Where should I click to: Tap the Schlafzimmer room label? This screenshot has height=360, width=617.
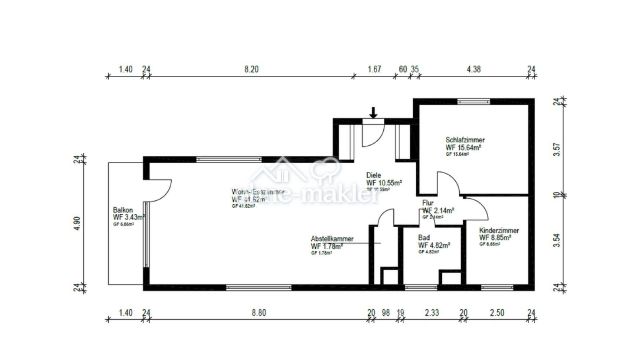(x=465, y=140)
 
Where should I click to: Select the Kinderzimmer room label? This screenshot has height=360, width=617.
(x=499, y=231)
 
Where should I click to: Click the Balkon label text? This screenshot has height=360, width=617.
(x=123, y=209)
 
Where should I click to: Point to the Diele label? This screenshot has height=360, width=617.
(x=373, y=175)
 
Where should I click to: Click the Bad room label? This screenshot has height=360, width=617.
(x=424, y=238)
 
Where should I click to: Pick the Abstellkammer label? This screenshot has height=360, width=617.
(x=332, y=239)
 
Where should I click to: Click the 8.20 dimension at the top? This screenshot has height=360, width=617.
(x=251, y=69)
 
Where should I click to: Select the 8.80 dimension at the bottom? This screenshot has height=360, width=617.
(x=259, y=312)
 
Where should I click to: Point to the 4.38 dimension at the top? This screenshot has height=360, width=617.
(x=473, y=69)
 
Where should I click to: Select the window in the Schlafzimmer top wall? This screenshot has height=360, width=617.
(x=473, y=102)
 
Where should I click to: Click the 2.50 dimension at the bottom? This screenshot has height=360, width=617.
(x=497, y=312)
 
